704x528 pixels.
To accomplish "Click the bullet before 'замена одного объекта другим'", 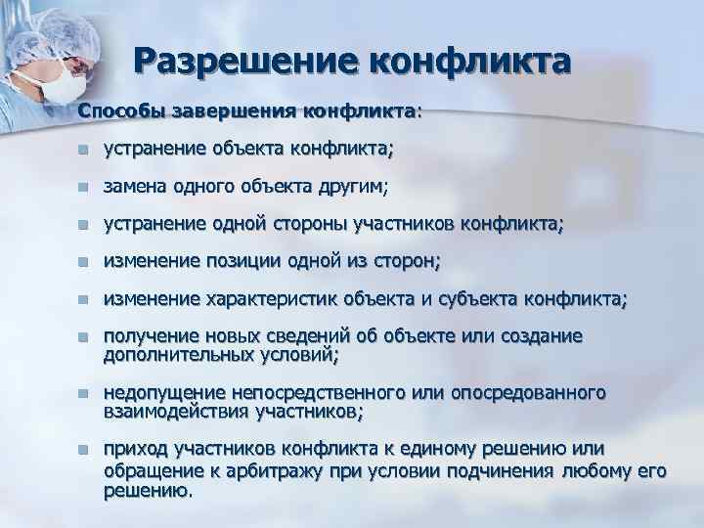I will tap(84, 187).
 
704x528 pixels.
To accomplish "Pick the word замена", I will tap(134, 187).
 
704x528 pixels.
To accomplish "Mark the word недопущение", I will tap(162, 393).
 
